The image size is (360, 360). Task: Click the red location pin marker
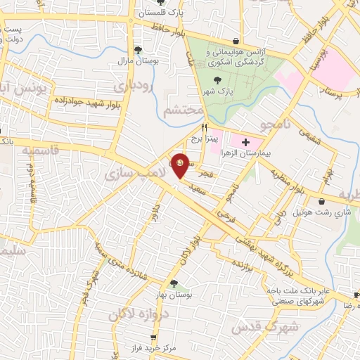(x=181, y=165)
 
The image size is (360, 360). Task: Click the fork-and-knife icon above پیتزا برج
(x=205, y=127)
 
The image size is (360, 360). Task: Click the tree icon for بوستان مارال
(x=138, y=50)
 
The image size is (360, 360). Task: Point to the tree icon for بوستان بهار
(x=174, y=283)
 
